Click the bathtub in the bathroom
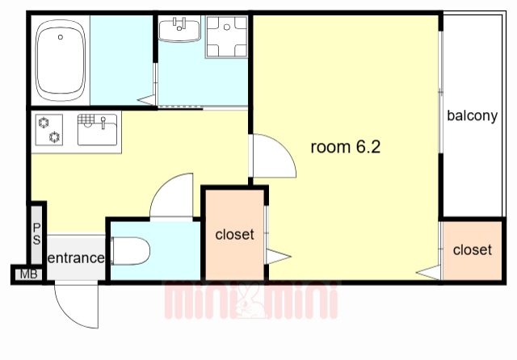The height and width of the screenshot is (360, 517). pyautogui.click(x=61, y=60)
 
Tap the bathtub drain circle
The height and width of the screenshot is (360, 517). pyautogui.click(x=61, y=37)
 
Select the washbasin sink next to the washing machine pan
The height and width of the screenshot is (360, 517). pyautogui.click(x=179, y=29)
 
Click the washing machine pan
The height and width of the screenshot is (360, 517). pyautogui.click(x=227, y=37)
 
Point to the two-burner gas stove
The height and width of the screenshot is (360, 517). pyautogui.click(x=49, y=130)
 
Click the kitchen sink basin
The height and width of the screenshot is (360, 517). pyautogui.click(x=97, y=130)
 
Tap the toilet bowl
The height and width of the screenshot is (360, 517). pyautogui.click(x=130, y=251)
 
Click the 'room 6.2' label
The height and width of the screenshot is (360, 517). pyautogui.click(x=346, y=147)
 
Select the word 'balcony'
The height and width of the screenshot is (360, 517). pyautogui.click(x=472, y=116)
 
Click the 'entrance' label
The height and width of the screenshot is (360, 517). pyautogui.click(x=76, y=257)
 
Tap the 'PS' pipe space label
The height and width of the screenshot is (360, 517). pyautogui.click(x=36, y=234)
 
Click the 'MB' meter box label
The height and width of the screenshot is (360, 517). pyautogui.click(x=29, y=274)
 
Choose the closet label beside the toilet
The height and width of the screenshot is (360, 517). pyautogui.click(x=234, y=235)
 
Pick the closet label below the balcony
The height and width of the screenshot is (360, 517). pyautogui.click(x=472, y=250)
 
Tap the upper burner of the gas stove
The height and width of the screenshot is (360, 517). pyautogui.click(x=44, y=123)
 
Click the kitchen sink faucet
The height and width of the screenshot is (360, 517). pyautogui.click(x=103, y=123)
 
